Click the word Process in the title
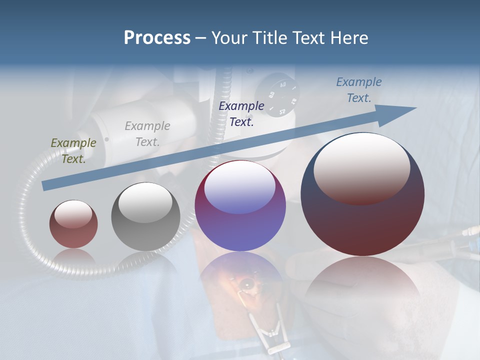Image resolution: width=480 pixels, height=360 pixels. (157, 38)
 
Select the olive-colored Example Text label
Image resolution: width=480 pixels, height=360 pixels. (73, 150)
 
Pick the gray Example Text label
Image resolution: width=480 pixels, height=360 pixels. (147, 134)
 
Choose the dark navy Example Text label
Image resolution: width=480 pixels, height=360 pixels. (241, 113)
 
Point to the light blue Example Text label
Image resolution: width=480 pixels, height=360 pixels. (359, 90)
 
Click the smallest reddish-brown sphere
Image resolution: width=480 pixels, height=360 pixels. (73, 230)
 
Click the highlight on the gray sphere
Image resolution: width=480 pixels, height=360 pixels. (145, 202)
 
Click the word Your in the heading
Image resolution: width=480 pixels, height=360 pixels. (231, 38)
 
